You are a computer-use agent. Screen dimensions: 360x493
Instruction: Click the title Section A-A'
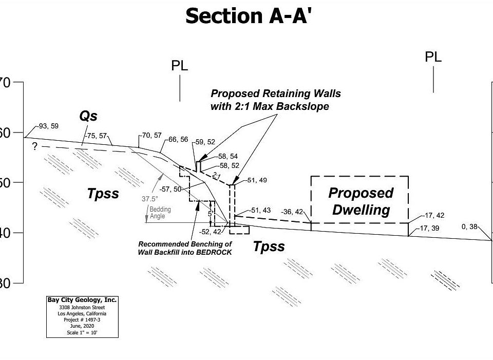249,16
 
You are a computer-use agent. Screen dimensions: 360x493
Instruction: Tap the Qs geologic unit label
88,116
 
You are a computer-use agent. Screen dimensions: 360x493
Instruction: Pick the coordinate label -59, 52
205,142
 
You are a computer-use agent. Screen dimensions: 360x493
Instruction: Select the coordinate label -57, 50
170,189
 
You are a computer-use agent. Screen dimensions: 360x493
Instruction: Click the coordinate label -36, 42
292,212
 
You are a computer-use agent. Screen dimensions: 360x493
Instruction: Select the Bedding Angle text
160,213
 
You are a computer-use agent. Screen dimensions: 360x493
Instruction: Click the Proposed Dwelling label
361,201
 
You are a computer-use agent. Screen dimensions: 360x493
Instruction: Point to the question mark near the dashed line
34,147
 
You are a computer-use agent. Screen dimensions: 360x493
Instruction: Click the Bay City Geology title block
82,316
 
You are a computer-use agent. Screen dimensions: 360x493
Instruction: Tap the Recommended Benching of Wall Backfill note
185,248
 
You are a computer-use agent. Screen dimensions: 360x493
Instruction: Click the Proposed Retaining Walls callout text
275,100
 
